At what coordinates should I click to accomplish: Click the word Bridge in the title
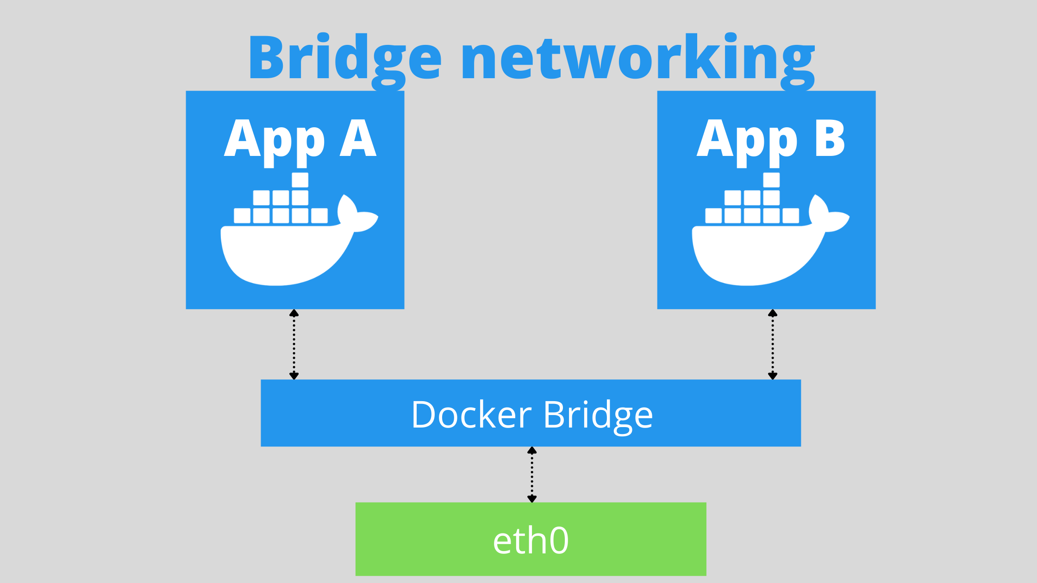pos(345,58)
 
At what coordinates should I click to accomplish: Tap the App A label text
pos(300,139)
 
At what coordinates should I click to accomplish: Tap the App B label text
pos(771,139)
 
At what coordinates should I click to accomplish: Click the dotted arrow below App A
pos(294,345)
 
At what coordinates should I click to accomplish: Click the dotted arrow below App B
pos(773,345)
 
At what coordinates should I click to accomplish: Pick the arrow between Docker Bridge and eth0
pos(532,475)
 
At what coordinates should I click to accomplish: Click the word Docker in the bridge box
pos(471,415)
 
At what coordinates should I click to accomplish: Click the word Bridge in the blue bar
pos(598,416)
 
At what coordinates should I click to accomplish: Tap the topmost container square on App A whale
pos(300,180)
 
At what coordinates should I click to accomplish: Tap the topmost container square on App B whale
pos(771,180)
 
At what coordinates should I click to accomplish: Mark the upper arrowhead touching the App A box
pos(294,313)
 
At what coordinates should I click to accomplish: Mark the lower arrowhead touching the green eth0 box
pos(532,499)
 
